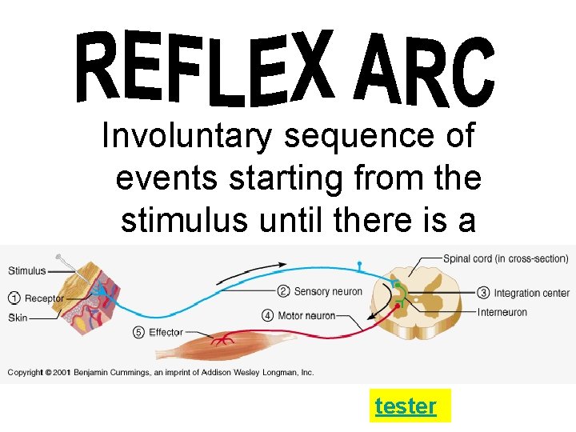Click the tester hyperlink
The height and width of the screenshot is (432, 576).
point(406,406)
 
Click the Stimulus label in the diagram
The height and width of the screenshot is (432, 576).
point(27,270)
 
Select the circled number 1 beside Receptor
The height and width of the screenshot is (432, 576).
point(14,298)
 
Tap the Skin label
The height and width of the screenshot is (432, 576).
point(18,318)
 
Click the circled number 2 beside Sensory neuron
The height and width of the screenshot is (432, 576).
point(284,291)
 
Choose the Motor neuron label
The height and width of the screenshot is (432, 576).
point(306,315)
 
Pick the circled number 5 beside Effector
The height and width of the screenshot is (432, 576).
point(139,332)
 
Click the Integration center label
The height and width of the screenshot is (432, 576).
point(532,294)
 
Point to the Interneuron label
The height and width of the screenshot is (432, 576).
point(502,312)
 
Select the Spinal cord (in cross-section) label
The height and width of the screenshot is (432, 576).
point(506,258)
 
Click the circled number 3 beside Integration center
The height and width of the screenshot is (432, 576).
point(483,293)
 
